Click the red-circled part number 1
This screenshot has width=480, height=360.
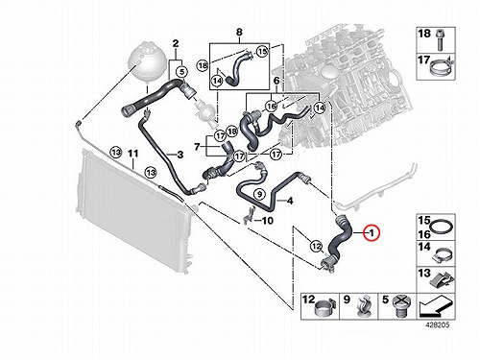coord(372,233)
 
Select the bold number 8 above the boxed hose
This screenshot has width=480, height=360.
coord(239,32)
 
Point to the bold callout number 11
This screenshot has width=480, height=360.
coord(133,154)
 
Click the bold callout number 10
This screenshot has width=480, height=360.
coord(268,221)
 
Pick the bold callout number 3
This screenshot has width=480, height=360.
coord(180,155)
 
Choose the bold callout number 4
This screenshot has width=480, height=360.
coord(290,202)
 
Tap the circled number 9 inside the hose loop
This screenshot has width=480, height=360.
coord(259,193)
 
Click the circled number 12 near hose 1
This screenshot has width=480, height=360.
coord(317,246)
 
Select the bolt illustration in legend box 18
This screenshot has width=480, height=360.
coord(438,39)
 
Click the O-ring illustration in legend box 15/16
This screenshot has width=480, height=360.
coord(442,227)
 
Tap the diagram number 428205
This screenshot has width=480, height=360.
coord(438,325)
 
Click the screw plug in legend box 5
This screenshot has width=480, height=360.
coord(402,306)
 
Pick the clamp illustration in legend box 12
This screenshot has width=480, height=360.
coord(324,307)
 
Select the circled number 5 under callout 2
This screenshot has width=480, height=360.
coord(181,72)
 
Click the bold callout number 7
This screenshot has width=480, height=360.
coord(197,147)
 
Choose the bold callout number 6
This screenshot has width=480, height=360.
coord(276,81)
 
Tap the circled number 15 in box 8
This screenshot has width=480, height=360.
coord(262,51)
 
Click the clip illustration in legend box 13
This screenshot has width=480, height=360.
coord(442,279)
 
